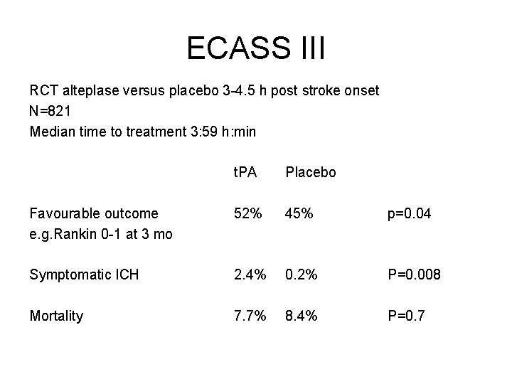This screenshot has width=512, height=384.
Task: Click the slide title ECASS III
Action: point(255,48)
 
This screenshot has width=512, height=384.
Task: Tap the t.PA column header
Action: point(247,172)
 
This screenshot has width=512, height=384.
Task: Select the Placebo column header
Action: point(311,172)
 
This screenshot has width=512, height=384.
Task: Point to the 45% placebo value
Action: point(298,213)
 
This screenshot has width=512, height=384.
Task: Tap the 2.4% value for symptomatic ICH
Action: point(250,274)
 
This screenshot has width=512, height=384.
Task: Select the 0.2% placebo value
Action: point(302,274)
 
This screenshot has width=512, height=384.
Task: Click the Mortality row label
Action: point(56,316)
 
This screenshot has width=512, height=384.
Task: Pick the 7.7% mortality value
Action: point(250,316)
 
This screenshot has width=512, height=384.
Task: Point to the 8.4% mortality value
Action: point(302,316)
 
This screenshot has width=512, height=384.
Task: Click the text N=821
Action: point(50,112)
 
